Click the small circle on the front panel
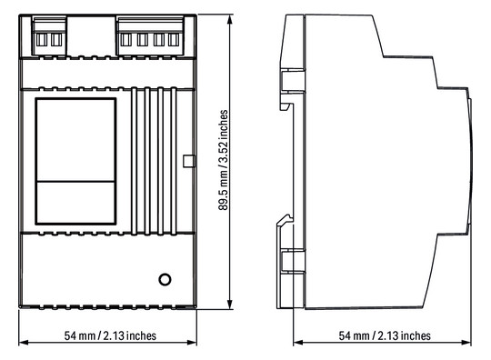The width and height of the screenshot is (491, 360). [x=165, y=279]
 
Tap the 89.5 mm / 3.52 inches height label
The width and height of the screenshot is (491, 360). [x=224, y=160]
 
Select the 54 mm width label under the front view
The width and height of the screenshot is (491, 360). [x=110, y=335]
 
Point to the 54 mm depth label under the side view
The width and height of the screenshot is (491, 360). [x=385, y=335]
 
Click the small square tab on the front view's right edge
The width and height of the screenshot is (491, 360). [x=188, y=161]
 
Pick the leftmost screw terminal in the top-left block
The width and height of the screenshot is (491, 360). [x=41, y=40]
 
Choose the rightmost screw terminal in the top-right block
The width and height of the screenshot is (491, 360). [x=174, y=40]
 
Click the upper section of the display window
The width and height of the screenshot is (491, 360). [x=75, y=140]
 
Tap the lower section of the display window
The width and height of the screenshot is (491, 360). [x=75, y=202]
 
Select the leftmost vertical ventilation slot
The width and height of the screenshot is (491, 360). [x=134, y=161]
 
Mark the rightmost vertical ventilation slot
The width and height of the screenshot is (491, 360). [x=174, y=161]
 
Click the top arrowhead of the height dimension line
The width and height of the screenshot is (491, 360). [x=230, y=19]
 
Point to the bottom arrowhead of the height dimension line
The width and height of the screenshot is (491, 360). [x=230, y=305]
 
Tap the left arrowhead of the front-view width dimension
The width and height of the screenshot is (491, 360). [x=24, y=342]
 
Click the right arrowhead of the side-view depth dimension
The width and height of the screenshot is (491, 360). [x=466, y=342]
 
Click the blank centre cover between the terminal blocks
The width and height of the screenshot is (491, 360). [x=91, y=36]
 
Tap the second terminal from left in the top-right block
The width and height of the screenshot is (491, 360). [x=142, y=40]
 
